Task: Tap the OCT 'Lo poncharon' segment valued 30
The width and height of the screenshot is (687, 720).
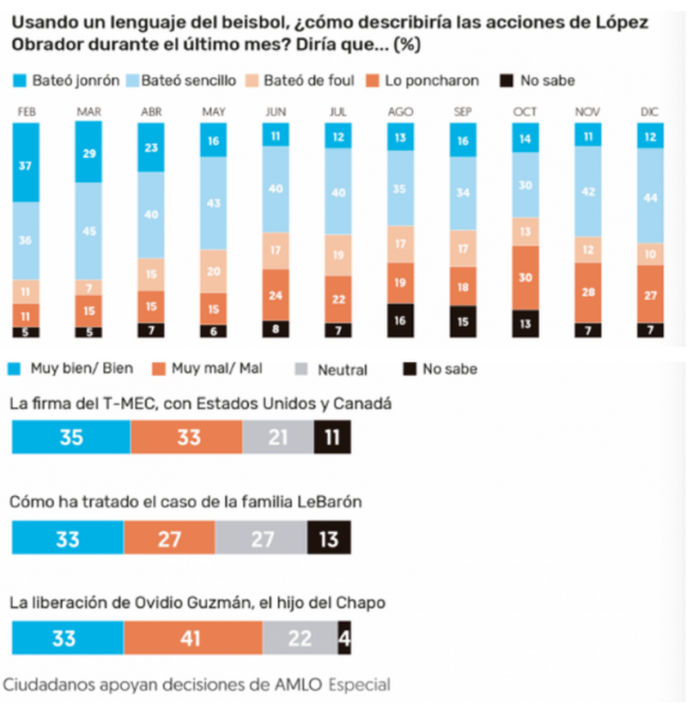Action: [x=526, y=277]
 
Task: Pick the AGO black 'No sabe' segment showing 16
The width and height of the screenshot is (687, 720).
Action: [x=401, y=320]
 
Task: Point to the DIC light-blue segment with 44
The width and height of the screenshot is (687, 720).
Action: [x=651, y=196]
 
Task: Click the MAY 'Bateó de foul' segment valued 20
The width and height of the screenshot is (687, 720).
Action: [x=214, y=271]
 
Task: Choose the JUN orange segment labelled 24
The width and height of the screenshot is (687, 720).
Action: [x=277, y=295]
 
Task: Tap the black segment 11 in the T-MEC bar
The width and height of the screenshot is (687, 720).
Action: [x=332, y=437]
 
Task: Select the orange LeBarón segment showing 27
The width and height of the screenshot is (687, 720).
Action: [x=169, y=538]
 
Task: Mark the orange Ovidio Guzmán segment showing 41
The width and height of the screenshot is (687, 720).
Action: [x=192, y=638]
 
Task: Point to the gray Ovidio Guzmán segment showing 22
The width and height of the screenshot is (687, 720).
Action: [x=301, y=638]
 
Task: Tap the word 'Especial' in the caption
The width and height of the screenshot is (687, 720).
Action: [x=360, y=684]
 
